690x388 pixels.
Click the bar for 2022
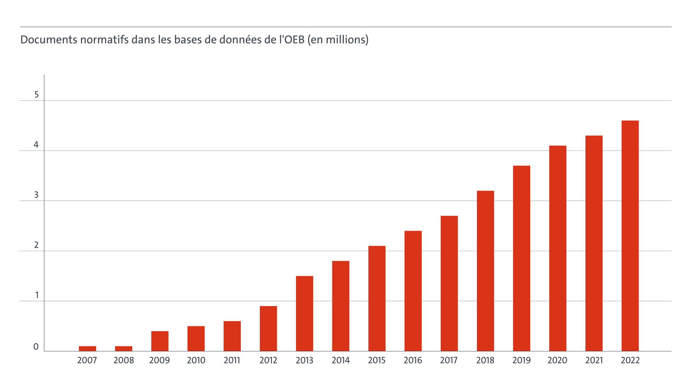pos(630,236)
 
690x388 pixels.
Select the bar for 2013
pos(304,313)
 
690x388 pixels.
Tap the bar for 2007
pos(87,348)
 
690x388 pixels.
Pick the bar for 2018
pos(485,271)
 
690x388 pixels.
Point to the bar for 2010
pos(196,338)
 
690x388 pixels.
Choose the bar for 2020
pos(557,248)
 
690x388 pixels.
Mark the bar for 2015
pos(377,298)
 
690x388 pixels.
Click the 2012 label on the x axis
pos(268,360)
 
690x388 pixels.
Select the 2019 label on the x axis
pos(521,360)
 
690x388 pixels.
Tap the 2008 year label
pos(124,360)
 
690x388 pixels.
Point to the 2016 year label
pos(413,360)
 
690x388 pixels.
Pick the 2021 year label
pos(594,360)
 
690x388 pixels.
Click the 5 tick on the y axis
pos(36,94)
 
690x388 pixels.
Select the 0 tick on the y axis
pos(36,347)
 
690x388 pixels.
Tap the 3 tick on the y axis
pos(36,195)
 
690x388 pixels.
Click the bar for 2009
pos(160,341)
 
